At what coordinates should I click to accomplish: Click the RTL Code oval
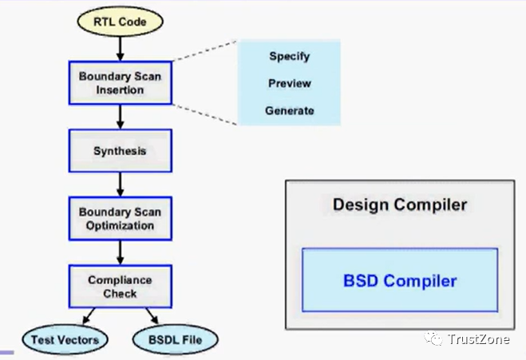pyautogui.click(x=120, y=22)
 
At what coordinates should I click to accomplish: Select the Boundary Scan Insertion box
pyautogui.click(x=120, y=83)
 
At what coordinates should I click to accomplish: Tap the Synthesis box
pyautogui.click(x=120, y=151)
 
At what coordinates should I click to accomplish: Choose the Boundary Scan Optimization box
pyautogui.click(x=120, y=219)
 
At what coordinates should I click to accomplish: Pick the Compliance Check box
pyautogui.click(x=120, y=287)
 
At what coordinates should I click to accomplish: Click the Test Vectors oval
pyautogui.click(x=65, y=339)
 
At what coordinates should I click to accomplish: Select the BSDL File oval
pyautogui.click(x=175, y=339)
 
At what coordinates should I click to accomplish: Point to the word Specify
pyautogui.click(x=289, y=57)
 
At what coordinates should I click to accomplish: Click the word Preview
pyautogui.click(x=290, y=83)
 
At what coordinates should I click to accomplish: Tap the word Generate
pyautogui.click(x=290, y=110)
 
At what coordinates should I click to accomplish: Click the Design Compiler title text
pyautogui.click(x=400, y=204)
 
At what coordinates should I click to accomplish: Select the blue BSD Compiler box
pyautogui.click(x=400, y=280)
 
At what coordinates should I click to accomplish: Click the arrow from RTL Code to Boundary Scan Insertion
pyautogui.click(x=120, y=49)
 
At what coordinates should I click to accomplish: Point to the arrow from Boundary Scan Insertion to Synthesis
pyautogui.click(x=120, y=117)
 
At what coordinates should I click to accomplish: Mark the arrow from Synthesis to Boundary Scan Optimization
pyautogui.click(x=120, y=185)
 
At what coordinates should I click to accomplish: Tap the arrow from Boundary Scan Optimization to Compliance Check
pyautogui.click(x=120, y=252)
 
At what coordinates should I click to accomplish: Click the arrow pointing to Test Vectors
pyautogui.click(x=89, y=316)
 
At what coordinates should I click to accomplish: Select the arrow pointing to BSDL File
pyautogui.click(x=152, y=316)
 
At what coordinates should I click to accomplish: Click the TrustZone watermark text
pyautogui.click(x=479, y=339)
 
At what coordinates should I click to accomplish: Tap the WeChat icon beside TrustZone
pyautogui.click(x=433, y=338)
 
